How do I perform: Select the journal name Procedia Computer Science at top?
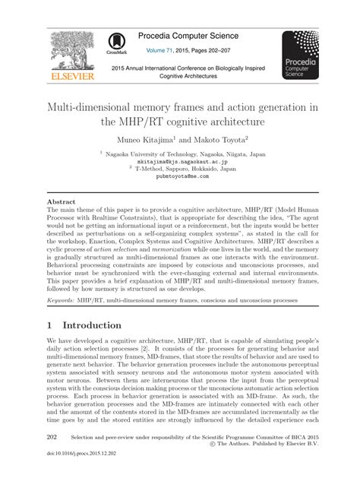pyautogui.click(x=204, y=37)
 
